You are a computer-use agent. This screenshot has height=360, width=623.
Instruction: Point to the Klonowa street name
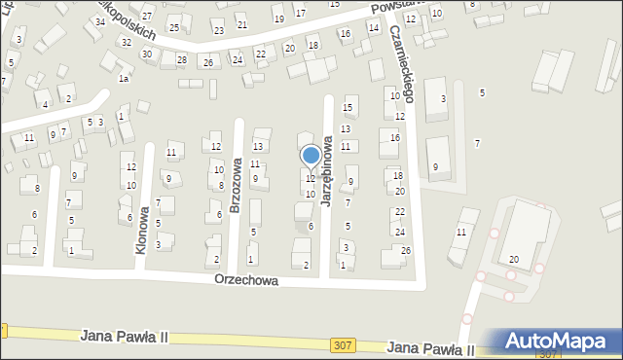(x=142, y=230)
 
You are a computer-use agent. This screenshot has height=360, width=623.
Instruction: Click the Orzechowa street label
(x=247, y=280)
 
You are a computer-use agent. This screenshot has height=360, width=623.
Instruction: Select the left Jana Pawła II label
(x=126, y=336)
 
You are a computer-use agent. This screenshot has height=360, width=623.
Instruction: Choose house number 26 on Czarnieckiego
(x=405, y=251)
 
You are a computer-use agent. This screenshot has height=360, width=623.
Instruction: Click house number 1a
(x=123, y=79)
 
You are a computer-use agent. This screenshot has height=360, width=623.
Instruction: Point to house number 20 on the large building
(x=513, y=260)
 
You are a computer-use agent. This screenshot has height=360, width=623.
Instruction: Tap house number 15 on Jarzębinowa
(x=348, y=107)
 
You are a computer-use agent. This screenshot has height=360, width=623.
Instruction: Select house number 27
(x=147, y=18)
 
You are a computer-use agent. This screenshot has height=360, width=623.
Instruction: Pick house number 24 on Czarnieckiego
(x=399, y=232)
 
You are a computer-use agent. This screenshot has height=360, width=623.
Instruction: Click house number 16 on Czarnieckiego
(x=394, y=138)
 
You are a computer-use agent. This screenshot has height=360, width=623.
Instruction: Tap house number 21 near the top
(x=242, y=24)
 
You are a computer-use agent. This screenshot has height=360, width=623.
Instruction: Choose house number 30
(x=146, y=54)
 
